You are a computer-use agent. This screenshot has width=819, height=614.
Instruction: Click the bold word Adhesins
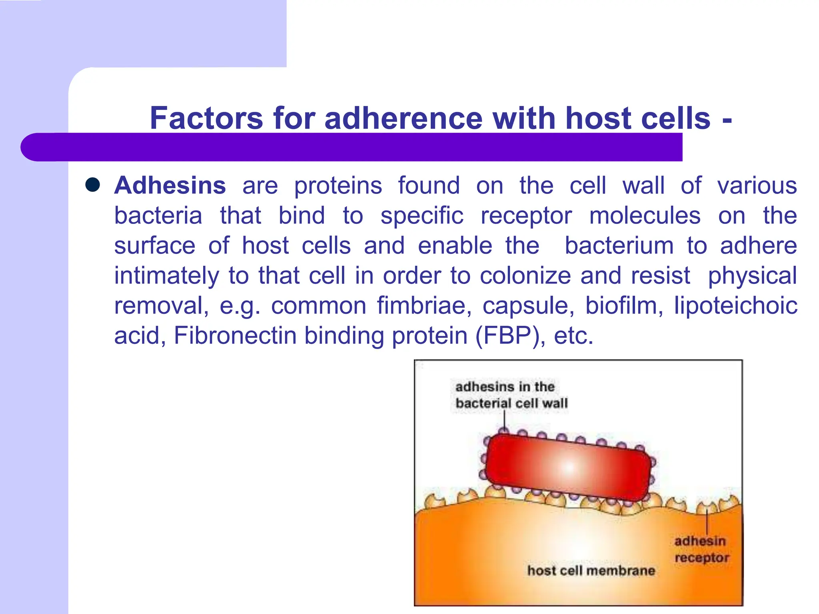[x=170, y=185]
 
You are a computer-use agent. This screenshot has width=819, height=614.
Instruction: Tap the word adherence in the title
[x=404, y=118]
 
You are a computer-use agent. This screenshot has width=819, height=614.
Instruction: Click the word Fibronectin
[x=235, y=336]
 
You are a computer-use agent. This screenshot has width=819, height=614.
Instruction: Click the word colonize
[x=525, y=276]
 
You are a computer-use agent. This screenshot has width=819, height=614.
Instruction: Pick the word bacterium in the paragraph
[x=619, y=246]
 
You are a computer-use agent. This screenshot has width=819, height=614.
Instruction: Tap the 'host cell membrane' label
[x=591, y=570]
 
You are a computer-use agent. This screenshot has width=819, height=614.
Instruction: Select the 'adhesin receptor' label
[x=701, y=549]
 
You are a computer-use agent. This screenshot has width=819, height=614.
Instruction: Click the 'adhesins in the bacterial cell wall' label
[x=511, y=395]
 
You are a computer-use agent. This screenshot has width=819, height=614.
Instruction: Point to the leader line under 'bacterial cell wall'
[x=504, y=420]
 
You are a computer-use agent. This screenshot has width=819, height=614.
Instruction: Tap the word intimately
[x=167, y=276]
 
